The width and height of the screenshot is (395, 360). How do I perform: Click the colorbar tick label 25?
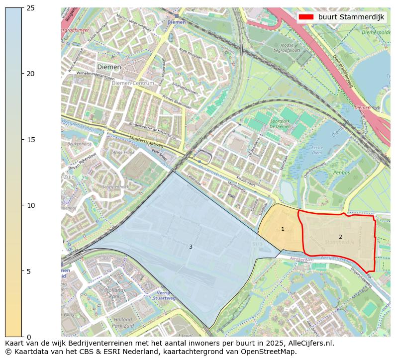31,8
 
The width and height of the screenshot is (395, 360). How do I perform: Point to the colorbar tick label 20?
31,74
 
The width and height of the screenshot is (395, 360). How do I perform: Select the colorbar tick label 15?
31,140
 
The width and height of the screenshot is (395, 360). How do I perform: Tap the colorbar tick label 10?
31,205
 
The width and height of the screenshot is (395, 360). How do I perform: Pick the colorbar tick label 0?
29,337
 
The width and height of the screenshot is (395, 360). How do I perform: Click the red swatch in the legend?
306,17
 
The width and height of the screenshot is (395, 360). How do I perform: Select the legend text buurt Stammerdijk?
351,17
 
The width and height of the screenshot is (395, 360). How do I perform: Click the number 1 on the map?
283,229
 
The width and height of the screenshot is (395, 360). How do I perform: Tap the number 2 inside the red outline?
340,237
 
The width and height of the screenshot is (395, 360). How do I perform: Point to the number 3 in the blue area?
191,247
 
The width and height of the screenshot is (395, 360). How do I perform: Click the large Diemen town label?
109,67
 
